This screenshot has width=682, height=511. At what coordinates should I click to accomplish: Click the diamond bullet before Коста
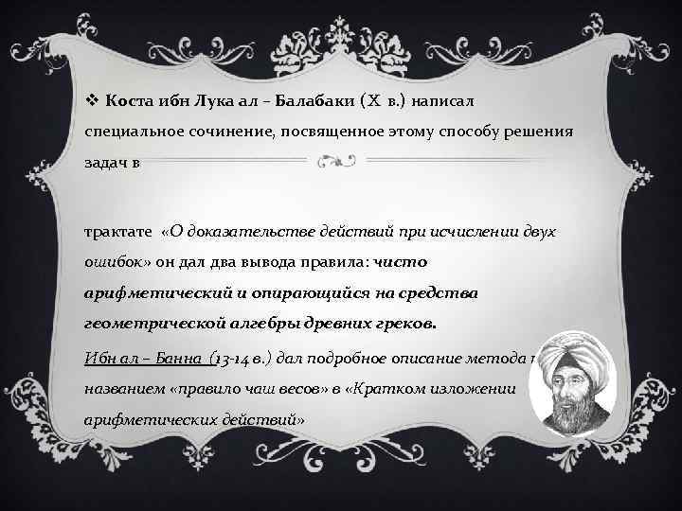tap(92, 99)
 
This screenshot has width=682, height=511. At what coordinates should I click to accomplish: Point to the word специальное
tap(130, 131)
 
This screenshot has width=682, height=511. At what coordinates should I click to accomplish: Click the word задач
tap(106, 161)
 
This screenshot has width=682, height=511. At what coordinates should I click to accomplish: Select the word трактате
tap(117, 231)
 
